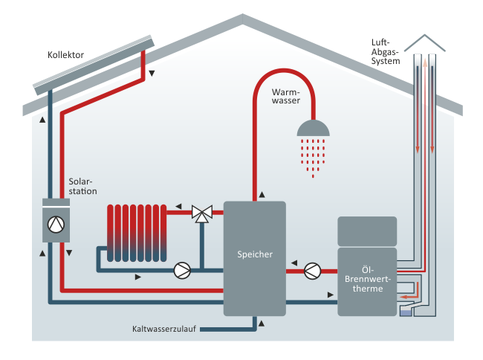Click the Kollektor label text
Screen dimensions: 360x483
point(65,55)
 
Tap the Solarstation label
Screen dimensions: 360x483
point(82,185)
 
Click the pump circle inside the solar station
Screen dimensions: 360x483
point(56,224)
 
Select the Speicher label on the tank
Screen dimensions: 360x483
point(255,254)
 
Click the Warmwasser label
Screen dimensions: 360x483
point(285,96)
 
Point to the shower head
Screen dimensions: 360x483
point(313,129)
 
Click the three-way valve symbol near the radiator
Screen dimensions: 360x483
point(201,213)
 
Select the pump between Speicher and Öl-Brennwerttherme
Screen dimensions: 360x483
point(313,269)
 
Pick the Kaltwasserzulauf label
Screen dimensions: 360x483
point(164,328)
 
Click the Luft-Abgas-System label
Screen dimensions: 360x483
point(385,52)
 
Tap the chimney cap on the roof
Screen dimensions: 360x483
point(424,42)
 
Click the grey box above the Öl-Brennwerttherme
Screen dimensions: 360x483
point(368,231)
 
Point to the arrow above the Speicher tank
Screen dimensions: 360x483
point(262,196)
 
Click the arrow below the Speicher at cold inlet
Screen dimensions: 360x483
point(261,321)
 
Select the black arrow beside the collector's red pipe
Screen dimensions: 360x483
point(152,73)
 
